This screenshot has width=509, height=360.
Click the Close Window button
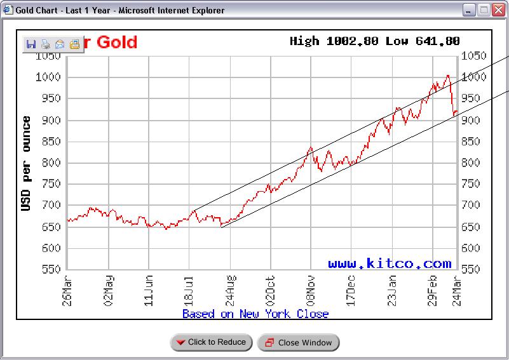tap(298, 343)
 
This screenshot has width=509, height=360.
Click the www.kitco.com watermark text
tap(390, 263)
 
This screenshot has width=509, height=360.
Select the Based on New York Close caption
tap(255, 314)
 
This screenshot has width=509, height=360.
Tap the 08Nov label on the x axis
tap(311, 290)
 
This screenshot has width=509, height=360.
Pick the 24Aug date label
tap(231, 290)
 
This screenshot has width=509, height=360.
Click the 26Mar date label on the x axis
tap(68, 290)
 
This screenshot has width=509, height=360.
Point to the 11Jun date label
tap(149, 290)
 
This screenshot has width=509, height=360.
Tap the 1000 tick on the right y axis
tap(474, 77)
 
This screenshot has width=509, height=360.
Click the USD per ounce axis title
tap(27, 163)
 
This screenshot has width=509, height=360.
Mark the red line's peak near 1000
tap(448, 76)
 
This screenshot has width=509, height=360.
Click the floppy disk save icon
tap(31, 44)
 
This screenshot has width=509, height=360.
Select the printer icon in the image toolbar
tap(45, 44)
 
